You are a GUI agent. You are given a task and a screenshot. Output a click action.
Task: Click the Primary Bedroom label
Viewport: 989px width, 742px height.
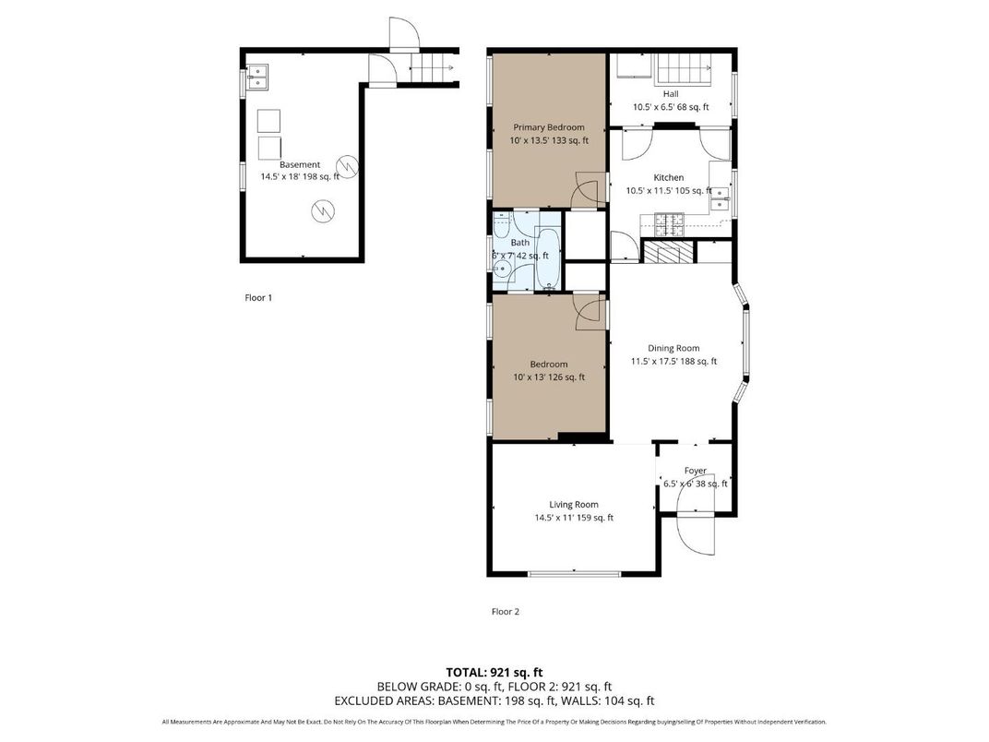(x=549, y=127)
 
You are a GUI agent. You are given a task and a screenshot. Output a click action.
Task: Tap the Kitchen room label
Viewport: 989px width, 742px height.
(x=669, y=178)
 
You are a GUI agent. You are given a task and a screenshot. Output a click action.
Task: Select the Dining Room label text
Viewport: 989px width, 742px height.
(x=673, y=348)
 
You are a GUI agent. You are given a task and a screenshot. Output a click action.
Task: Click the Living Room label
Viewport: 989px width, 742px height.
(x=574, y=505)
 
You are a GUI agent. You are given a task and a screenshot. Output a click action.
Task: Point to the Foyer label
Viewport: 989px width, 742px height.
(x=695, y=471)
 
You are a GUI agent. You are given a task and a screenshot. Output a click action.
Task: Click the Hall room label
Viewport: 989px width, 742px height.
(x=671, y=94)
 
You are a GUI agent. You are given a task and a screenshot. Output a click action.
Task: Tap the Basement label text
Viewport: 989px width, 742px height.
(x=300, y=165)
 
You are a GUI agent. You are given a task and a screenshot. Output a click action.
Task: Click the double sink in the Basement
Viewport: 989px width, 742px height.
(x=256, y=77)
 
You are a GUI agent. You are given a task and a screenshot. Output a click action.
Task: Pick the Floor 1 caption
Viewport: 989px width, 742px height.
(x=258, y=298)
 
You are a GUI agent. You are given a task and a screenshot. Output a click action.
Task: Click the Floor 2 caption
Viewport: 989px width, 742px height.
(x=506, y=611)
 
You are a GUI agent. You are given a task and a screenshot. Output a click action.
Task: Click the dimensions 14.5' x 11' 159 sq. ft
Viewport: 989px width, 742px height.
(x=574, y=518)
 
